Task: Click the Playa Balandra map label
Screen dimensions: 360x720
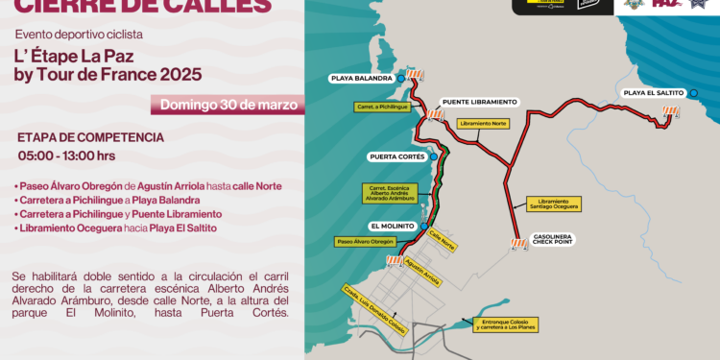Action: [x=361, y=78]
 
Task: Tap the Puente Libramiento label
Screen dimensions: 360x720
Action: [x=479, y=101]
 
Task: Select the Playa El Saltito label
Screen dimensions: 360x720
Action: [x=653, y=93]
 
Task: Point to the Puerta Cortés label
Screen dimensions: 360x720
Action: [x=396, y=156]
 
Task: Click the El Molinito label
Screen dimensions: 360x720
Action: [x=392, y=227]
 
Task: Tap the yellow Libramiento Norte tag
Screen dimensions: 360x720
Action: [x=484, y=124]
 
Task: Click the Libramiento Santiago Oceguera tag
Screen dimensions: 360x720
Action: [x=553, y=204]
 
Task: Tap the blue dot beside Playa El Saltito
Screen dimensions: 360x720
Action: [x=693, y=93]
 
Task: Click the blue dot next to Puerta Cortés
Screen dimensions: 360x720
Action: [x=434, y=156]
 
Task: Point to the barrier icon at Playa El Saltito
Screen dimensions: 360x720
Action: [x=670, y=113]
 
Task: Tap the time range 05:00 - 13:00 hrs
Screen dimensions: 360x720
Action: [x=66, y=156]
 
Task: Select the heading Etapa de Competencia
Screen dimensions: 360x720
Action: [x=90, y=137]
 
